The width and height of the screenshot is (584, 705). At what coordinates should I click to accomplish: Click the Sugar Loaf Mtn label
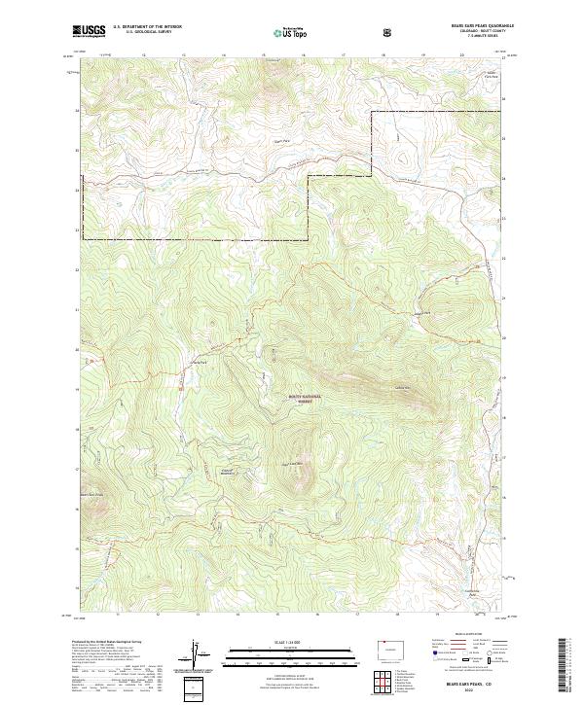coord(294,463)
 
